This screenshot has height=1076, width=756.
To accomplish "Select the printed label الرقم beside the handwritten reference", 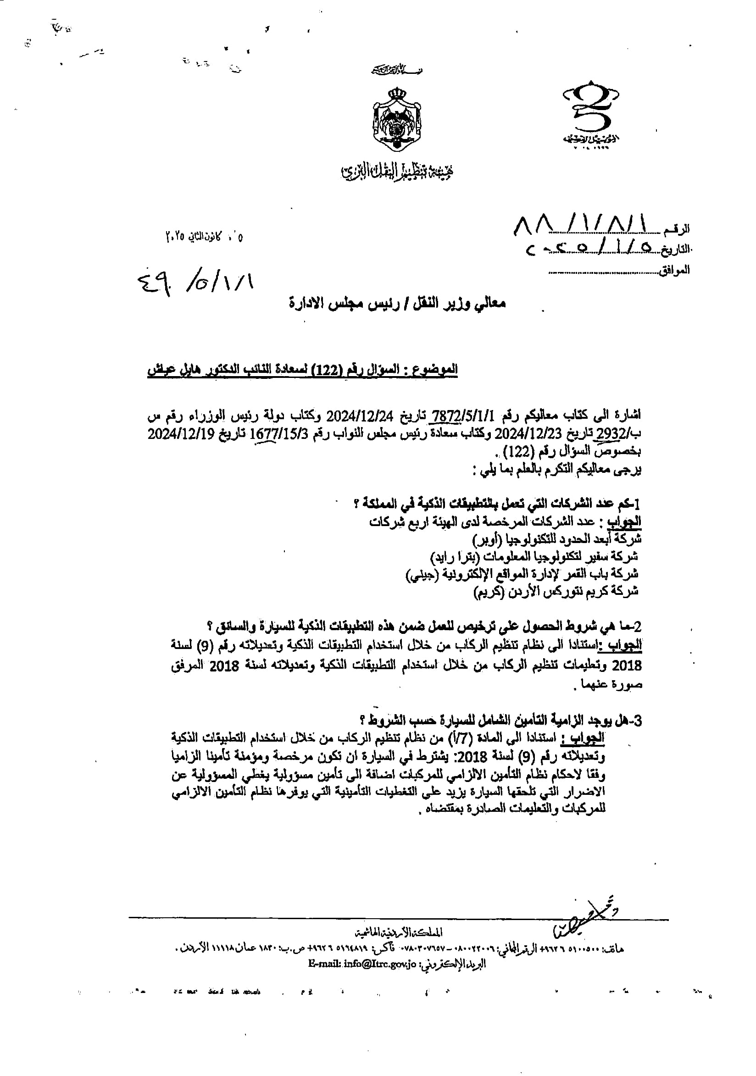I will [677, 230].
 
